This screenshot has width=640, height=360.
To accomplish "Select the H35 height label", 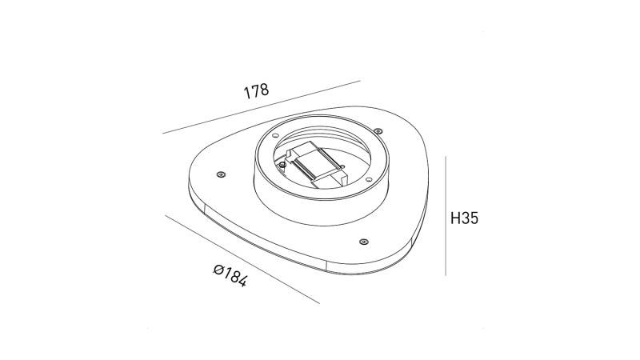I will click(464, 218).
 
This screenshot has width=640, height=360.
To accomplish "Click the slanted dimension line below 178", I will click(261, 107).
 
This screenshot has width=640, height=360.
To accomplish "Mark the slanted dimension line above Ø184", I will click(240, 258).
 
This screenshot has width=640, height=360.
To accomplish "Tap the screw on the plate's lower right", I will click(364, 241).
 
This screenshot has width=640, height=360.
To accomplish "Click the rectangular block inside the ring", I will click(315, 166).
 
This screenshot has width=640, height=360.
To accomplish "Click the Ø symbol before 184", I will click(218, 270).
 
